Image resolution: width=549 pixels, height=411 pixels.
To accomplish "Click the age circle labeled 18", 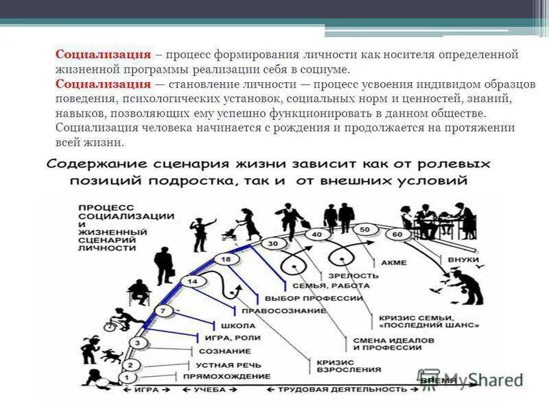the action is [x=226, y=260].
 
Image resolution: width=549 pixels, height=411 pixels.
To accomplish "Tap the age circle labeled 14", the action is [x=193, y=282].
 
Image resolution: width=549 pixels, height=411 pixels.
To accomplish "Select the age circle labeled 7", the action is [x=162, y=312].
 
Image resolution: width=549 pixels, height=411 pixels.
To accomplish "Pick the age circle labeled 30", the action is [x=273, y=244].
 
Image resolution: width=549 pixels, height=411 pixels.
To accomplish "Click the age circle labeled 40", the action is [x=316, y=234].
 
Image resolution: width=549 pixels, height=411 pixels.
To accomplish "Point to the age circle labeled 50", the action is [x=364, y=229].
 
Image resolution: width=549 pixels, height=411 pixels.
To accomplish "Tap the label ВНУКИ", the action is [x=463, y=261].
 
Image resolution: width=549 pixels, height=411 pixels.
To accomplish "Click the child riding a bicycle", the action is [x=119, y=321].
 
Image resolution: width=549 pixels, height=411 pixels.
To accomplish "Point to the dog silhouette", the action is [x=110, y=356].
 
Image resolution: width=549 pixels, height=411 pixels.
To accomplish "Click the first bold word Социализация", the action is [x=103, y=55].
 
